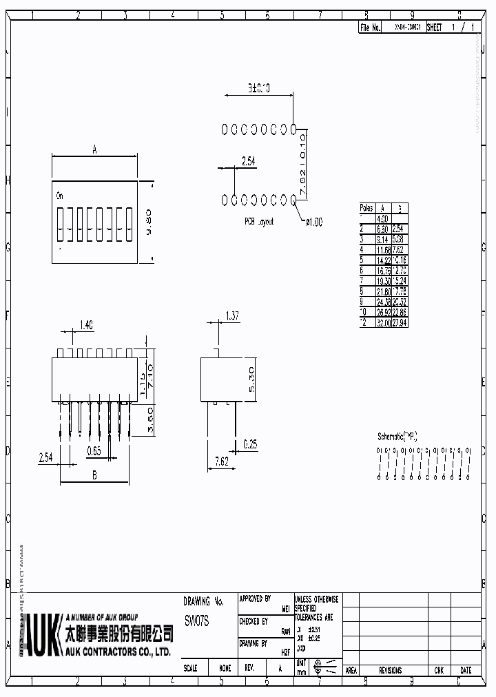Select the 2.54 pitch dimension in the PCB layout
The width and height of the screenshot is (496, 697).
248,161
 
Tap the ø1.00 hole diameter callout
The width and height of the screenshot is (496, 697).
313,222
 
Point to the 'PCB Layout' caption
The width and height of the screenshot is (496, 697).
259,222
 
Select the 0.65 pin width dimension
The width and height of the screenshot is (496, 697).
94,451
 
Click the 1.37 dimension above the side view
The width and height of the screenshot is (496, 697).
233,316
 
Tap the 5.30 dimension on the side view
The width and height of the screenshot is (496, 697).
251,379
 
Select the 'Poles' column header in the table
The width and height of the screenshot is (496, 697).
366,207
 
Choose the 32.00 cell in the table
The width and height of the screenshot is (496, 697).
383,322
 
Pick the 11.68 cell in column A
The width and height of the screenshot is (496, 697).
383,251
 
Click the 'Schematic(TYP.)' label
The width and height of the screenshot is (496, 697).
397,436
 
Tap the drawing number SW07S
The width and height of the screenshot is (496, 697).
197,621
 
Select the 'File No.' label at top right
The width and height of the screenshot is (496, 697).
370,28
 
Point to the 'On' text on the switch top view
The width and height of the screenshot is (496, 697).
61,196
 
